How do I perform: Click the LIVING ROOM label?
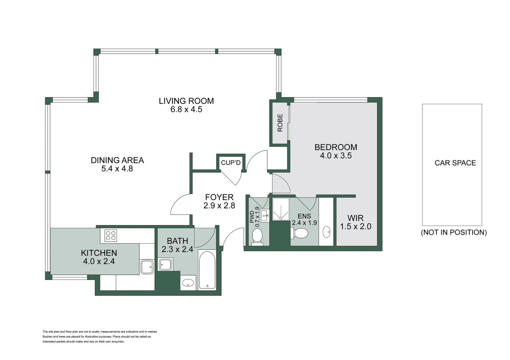186,101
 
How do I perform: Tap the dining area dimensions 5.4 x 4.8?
117,169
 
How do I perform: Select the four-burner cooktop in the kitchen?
111,236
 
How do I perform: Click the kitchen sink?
147,267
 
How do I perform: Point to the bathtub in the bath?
207,270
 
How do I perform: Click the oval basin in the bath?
188,283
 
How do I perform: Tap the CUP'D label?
230,163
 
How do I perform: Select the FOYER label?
219,197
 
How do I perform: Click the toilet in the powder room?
257,237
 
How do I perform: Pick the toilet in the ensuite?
301,233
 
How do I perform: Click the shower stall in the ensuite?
281,209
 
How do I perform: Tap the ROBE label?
280,123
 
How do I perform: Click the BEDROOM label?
336,147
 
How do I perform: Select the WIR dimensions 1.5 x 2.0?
356,227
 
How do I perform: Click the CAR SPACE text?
455,163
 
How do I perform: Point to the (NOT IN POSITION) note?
454,232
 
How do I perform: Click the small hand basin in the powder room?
265,215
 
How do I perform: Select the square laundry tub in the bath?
165,265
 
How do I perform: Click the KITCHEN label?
99,253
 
